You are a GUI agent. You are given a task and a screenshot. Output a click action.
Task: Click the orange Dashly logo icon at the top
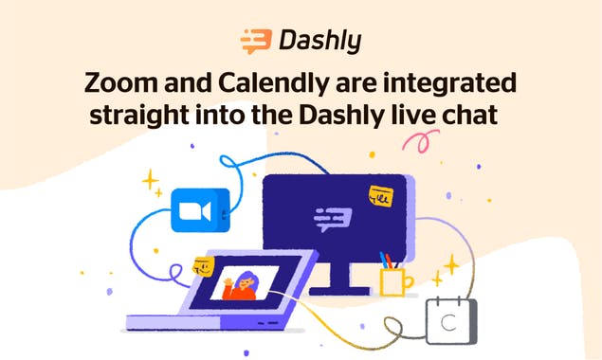256,41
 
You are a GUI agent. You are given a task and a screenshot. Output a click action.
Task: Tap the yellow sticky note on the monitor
381,198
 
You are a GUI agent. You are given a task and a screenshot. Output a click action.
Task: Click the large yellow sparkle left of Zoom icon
149,180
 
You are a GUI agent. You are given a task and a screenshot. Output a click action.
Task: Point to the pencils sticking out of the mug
390,260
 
